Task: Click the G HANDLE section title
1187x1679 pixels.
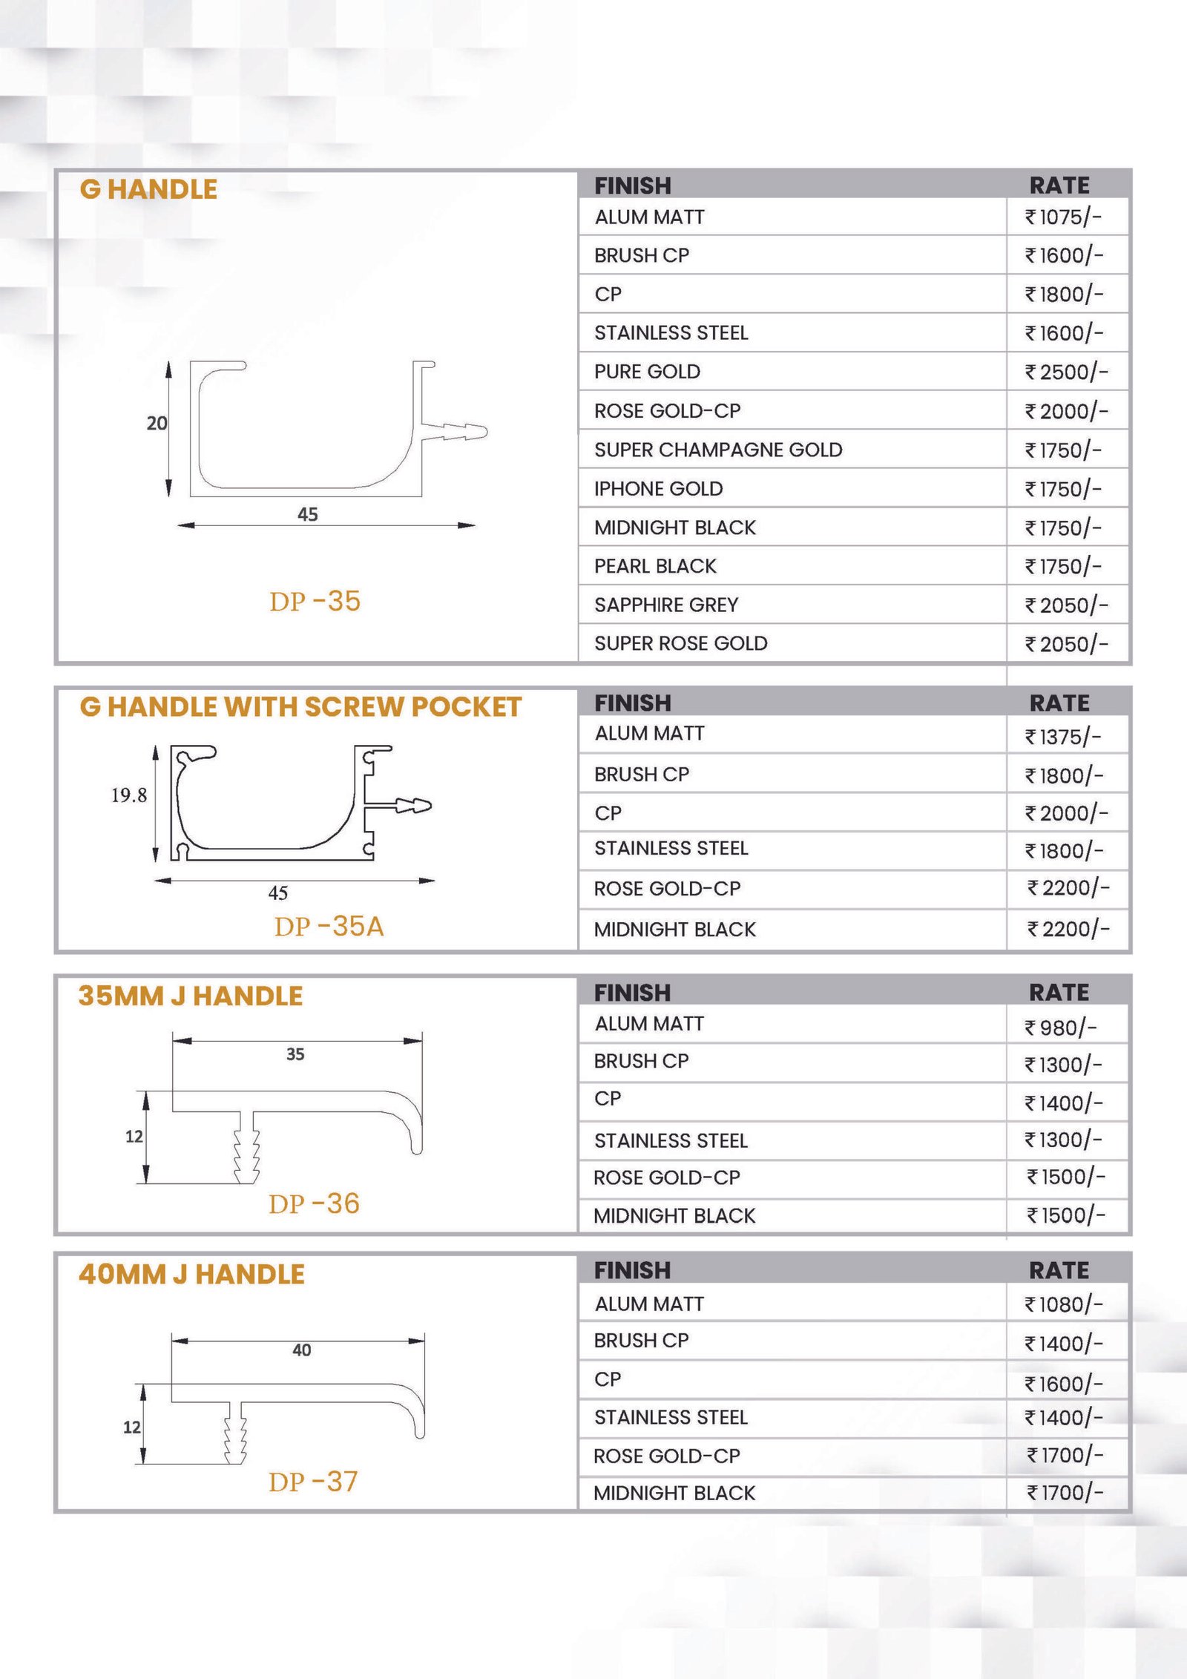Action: [x=148, y=189]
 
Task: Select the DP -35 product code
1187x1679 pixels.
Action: [x=315, y=601]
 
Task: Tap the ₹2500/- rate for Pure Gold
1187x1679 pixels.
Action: [x=1066, y=372]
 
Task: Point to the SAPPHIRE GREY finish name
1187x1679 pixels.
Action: [x=665, y=605]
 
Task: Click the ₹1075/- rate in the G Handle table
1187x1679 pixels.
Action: [x=1063, y=217]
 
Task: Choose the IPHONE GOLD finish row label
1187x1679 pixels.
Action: [x=658, y=488]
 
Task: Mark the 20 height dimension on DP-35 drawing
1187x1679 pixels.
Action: [x=157, y=423]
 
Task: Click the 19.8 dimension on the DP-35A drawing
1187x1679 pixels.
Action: [x=128, y=795]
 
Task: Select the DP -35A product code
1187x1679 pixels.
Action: [x=329, y=926]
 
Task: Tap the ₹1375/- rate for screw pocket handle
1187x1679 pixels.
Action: [x=1063, y=737]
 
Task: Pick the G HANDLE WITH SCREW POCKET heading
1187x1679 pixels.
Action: [x=300, y=707]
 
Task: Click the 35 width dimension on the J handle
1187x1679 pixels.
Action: [x=295, y=1054]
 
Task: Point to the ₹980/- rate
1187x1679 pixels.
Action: [x=1061, y=1028]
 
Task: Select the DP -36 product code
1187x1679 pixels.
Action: [x=314, y=1203]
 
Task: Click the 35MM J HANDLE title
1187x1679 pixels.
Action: [x=191, y=996]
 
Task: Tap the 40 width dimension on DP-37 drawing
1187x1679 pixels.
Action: [x=301, y=1350]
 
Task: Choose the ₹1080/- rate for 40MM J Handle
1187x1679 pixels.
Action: [x=1064, y=1304]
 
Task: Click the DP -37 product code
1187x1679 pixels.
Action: [x=313, y=1482]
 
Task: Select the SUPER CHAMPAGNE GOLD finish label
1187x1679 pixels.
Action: [x=717, y=450]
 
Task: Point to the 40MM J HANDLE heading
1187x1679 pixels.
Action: [x=191, y=1274]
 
